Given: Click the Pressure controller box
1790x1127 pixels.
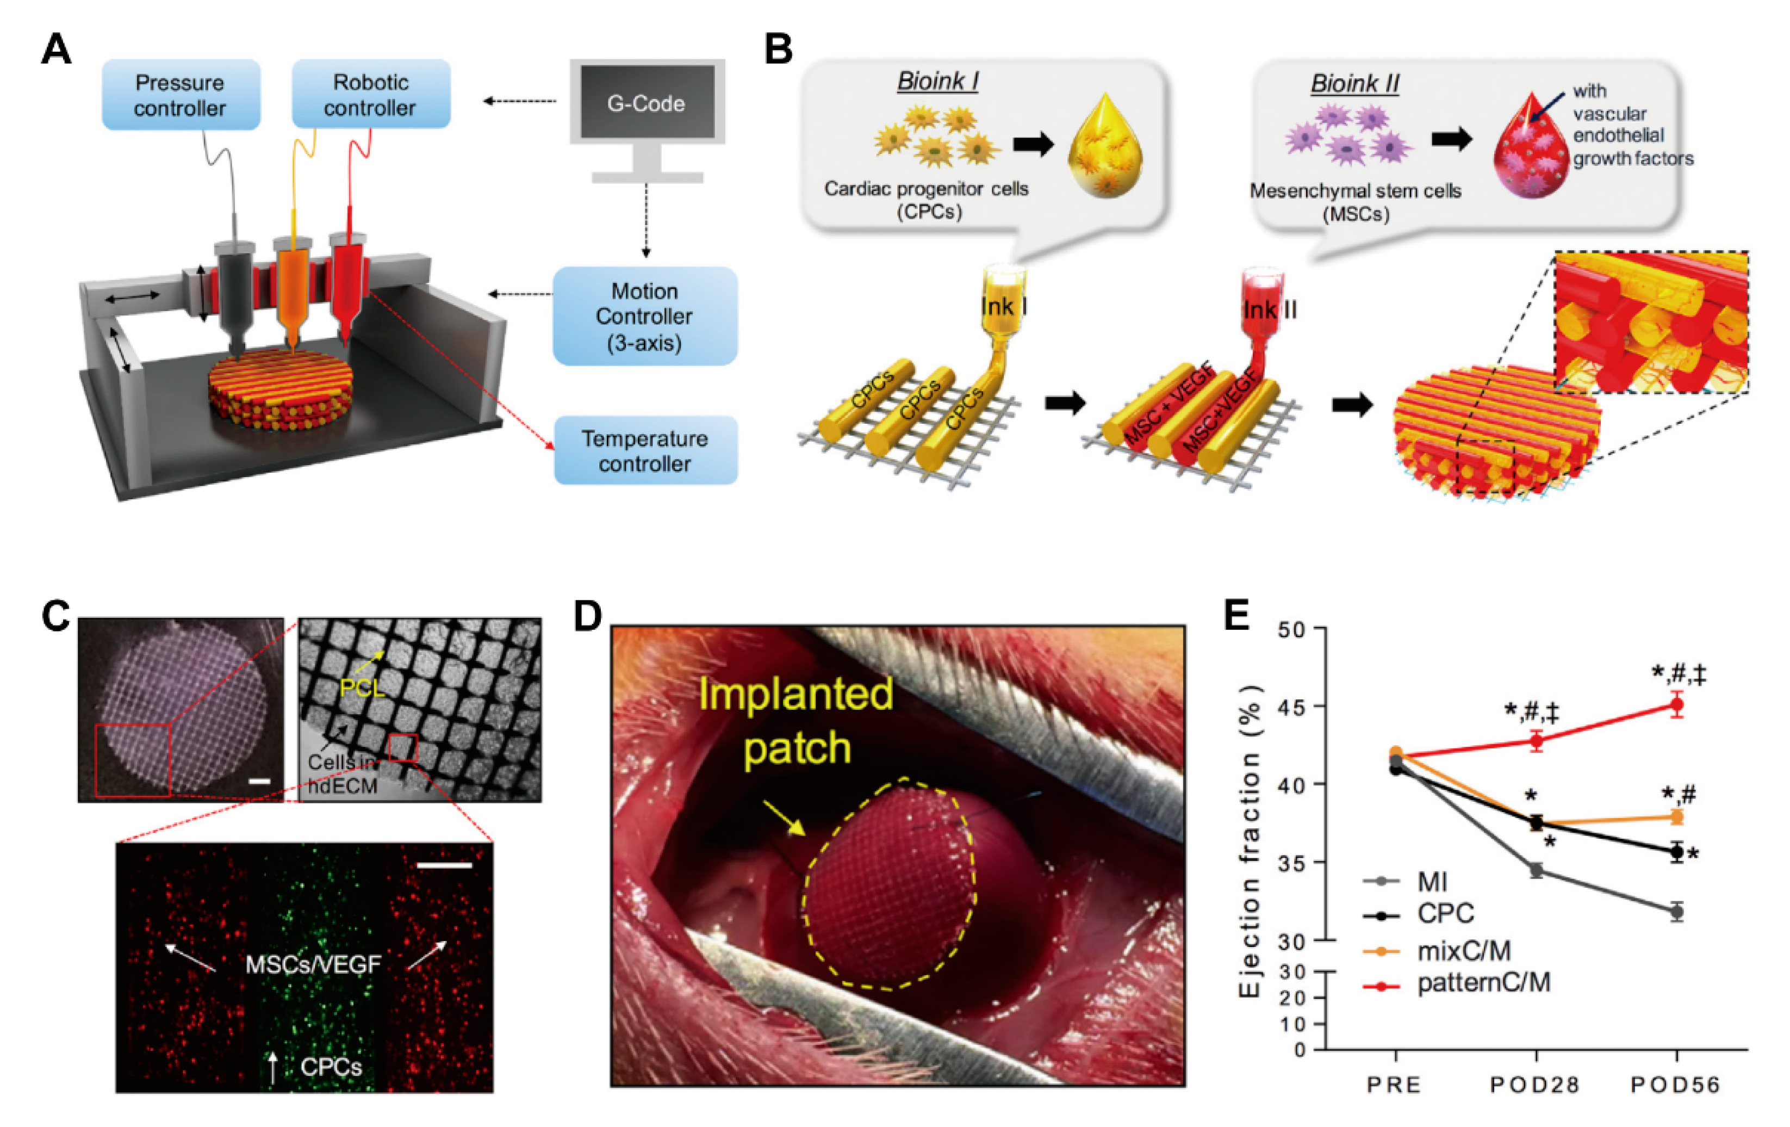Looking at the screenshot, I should click(x=181, y=95).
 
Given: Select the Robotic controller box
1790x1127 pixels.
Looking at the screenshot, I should click(x=370, y=95).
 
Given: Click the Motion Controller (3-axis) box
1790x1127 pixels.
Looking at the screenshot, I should click(x=644, y=316).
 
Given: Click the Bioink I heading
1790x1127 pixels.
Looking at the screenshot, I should click(x=937, y=81).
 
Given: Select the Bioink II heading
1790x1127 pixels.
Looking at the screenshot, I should click(x=1354, y=83).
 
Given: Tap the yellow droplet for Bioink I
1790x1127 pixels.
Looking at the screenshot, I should click(x=1105, y=146).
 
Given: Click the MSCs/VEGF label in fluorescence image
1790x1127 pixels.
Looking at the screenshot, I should click(x=313, y=964).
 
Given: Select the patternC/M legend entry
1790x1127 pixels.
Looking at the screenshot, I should click(x=1483, y=983).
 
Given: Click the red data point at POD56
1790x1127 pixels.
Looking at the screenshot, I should click(x=1676, y=705).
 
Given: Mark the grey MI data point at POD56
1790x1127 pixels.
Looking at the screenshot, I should click(x=1676, y=912).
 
